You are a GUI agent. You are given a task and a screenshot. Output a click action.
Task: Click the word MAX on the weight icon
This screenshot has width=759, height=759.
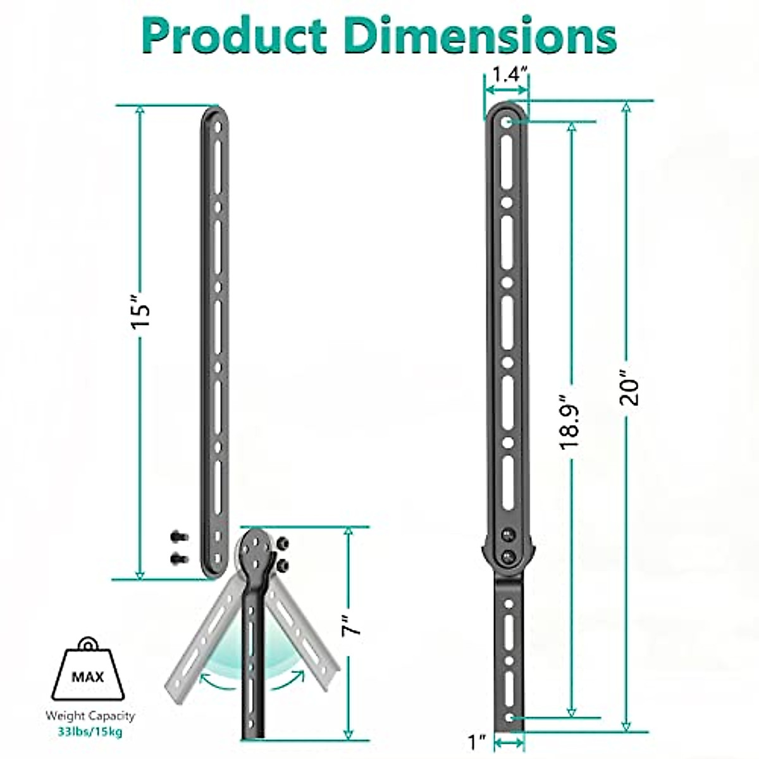coord(87,678)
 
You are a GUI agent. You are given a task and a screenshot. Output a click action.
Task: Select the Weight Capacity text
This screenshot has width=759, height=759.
coord(90,716)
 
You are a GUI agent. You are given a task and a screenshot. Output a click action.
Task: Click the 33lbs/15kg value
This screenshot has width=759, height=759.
coord(90,732)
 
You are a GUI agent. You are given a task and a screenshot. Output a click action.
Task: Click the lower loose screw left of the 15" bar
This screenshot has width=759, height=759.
coord(179,558)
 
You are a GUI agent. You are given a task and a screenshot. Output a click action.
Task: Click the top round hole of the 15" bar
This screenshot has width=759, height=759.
coord(217,126)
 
